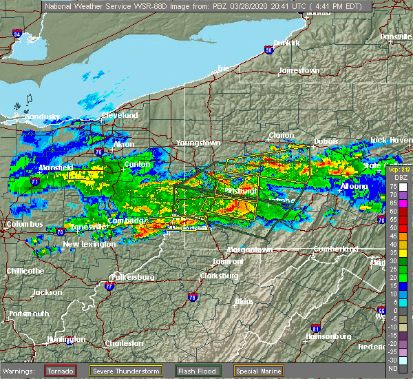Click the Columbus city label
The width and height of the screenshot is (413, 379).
[24, 225]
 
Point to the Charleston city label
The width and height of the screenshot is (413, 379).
[124, 343]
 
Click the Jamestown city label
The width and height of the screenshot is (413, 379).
[299, 71]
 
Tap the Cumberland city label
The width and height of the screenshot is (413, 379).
[335, 248]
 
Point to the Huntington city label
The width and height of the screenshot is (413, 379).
[67, 340]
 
